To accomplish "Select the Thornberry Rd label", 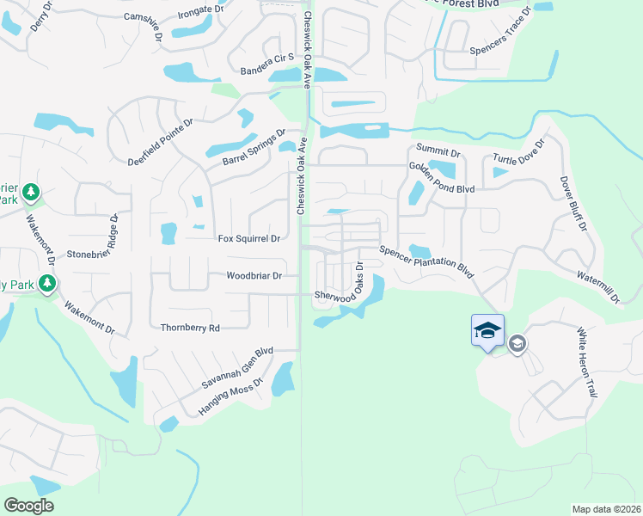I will pyautogui.click(x=190, y=328).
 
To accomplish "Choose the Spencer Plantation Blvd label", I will pyautogui.click(x=427, y=261).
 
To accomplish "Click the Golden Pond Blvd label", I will pyautogui.click(x=442, y=177).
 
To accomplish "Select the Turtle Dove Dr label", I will pyautogui.click(x=519, y=154).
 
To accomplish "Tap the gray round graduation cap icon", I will pyautogui.click(x=517, y=345).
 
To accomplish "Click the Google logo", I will pyautogui.click(x=29, y=506).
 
